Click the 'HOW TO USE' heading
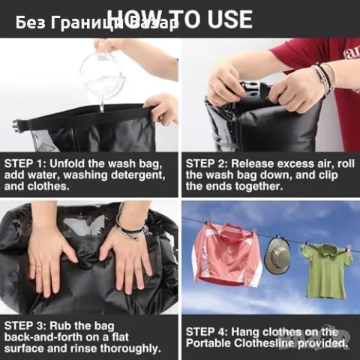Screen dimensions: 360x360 click(x=180, y=19)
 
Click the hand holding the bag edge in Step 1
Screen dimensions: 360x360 click(x=162, y=109)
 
